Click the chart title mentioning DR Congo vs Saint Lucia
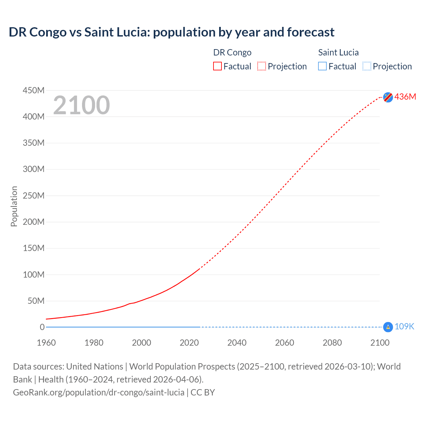(x=171, y=32)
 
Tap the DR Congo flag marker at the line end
(x=388, y=97)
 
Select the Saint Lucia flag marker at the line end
(x=388, y=327)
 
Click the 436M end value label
(x=405, y=97)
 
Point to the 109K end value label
(x=404, y=327)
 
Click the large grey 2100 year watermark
(x=81, y=105)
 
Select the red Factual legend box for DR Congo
(x=217, y=66)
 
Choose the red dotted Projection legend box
(x=262, y=66)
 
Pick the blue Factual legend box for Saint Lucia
(x=322, y=66)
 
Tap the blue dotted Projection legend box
(x=367, y=66)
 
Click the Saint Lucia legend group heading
(x=338, y=52)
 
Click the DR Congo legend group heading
(x=232, y=52)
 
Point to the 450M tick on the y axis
(x=34, y=90)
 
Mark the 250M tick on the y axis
(x=34, y=196)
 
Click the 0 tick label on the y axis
(x=42, y=327)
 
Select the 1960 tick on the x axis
(x=46, y=343)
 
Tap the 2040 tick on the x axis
(x=237, y=343)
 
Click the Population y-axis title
(x=14, y=206)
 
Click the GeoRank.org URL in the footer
(x=99, y=392)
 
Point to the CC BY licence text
(x=203, y=392)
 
